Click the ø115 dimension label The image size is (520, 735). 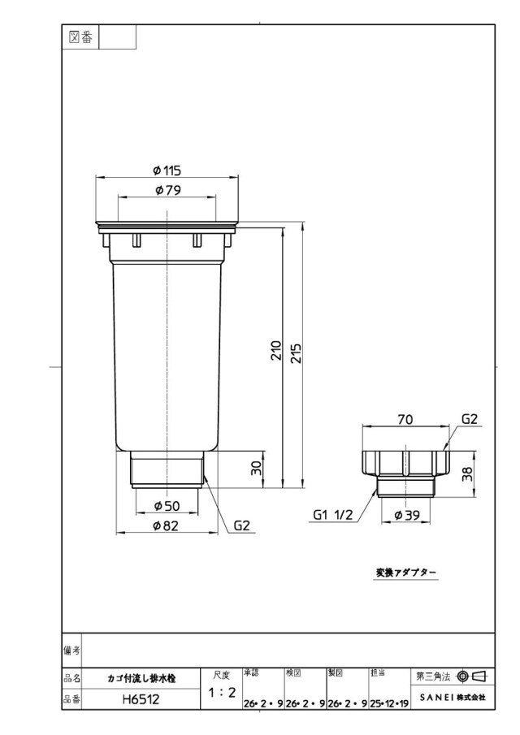click(x=167, y=171)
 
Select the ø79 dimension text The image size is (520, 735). click(x=167, y=190)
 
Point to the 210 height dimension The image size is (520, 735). click(x=276, y=351)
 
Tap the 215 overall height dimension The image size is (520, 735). click(x=297, y=353)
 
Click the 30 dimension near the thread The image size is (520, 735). click(x=257, y=469)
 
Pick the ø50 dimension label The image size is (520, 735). click(x=167, y=506)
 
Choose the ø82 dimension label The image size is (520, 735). click(x=167, y=526)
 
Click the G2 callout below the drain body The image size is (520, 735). click(x=242, y=526)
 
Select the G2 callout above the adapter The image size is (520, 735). click(x=470, y=419)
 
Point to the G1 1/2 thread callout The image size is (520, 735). click(x=332, y=515)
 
